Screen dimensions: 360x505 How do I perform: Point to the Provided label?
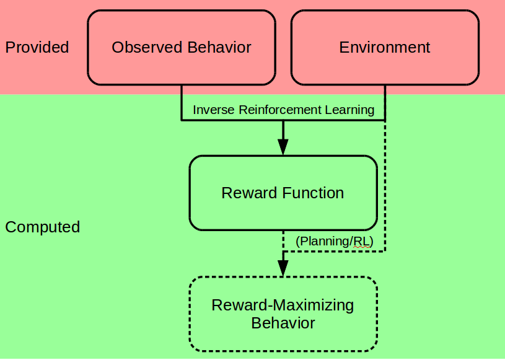(37, 47)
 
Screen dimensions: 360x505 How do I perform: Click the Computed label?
(42, 227)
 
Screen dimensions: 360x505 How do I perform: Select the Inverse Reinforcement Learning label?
(283, 110)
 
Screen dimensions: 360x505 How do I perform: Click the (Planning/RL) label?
(334, 241)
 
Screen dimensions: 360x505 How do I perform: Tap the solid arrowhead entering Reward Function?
(283, 146)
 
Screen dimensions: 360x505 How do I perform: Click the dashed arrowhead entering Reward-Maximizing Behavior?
(283, 267)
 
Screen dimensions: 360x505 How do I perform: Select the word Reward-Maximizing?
(283, 305)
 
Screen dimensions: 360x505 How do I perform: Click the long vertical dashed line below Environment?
(385, 186)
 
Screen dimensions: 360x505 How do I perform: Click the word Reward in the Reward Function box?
(248, 193)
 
